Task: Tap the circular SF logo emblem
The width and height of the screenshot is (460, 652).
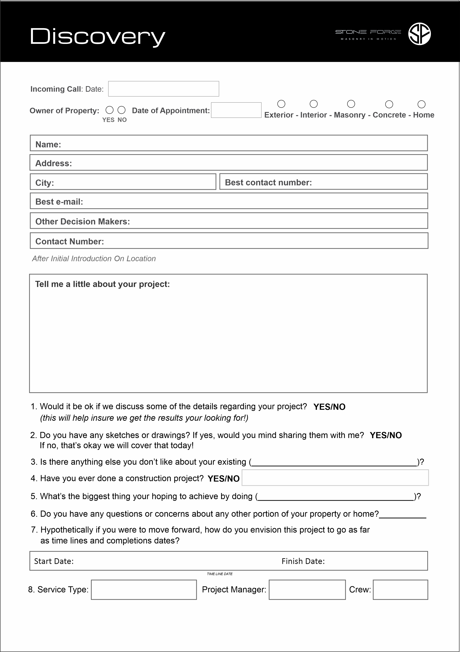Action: point(419,34)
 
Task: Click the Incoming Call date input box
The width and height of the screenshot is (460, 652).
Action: point(164,89)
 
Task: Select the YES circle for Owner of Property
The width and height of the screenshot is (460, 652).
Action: point(110,110)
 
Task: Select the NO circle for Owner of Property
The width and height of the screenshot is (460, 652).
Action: point(121,110)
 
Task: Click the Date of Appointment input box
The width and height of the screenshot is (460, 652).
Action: point(236,110)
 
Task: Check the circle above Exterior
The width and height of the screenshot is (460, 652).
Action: point(281,104)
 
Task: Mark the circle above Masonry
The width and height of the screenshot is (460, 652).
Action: point(351,104)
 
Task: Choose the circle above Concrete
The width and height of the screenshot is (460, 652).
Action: point(389,104)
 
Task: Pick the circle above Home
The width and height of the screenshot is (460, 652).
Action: point(422,104)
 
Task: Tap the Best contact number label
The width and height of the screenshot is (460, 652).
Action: point(268,182)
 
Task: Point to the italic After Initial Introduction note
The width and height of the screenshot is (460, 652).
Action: point(94,258)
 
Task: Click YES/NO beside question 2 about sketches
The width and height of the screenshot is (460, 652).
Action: point(386,435)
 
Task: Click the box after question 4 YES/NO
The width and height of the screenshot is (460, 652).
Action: point(335,478)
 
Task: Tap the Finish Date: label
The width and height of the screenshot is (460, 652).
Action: point(303,561)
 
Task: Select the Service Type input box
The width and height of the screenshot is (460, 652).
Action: point(144,590)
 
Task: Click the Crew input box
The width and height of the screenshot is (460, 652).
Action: point(400,590)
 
